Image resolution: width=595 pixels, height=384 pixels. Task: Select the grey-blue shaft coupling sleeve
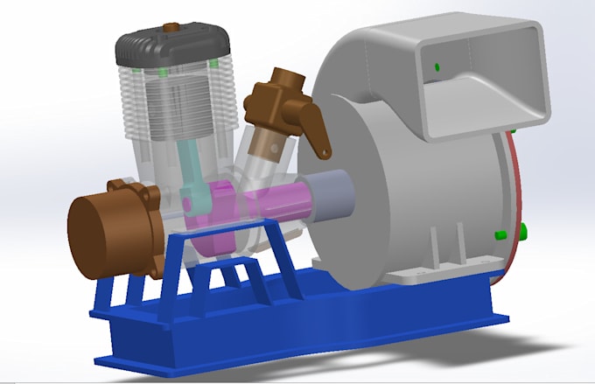click(x=328, y=195)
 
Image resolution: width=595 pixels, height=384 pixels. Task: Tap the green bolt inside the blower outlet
click(x=436, y=67)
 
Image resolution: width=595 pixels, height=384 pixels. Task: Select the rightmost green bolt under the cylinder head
click(x=213, y=65)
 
